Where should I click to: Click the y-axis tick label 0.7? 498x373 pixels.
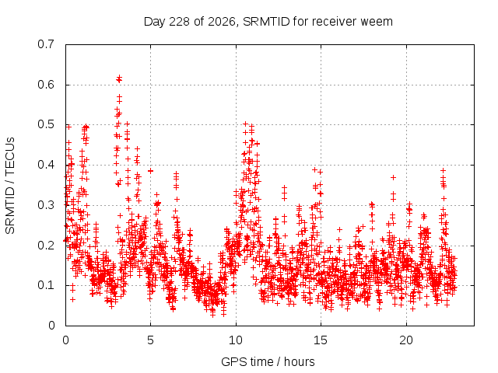pos(46,44)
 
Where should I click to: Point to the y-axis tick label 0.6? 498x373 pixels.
pos(46,85)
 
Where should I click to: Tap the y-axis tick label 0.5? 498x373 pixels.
pos(46,124)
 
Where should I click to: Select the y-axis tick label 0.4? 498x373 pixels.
pos(46,165)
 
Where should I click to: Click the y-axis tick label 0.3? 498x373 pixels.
pos(46,205)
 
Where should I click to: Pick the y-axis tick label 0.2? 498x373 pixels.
pos(46,246)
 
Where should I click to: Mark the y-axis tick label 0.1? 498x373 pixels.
pos(46,285)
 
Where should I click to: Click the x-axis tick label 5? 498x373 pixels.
pos(150,340)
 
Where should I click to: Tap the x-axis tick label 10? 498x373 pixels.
pos(236,340)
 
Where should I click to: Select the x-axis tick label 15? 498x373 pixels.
pos(321,340)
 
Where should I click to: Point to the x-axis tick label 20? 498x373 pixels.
pos(406,340)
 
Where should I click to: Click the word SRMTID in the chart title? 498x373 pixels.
pos(266,22)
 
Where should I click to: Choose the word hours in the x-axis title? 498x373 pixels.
pos(299,361)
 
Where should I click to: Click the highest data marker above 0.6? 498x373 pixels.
pos(119,77)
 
